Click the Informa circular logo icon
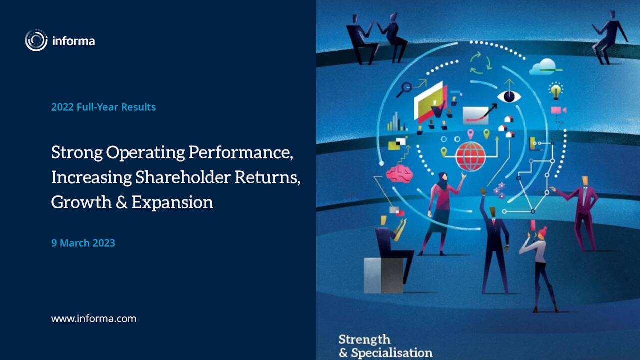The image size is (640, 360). pyautogui.click(x=36, y=40)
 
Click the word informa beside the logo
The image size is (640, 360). pyautogui.click(x=73, y=41)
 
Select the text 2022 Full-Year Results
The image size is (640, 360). pyautogui.click(x=103, y=107)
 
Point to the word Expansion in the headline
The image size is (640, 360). pyautogui.click(x=172, y=202)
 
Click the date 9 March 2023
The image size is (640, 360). pyautogui.click(x=83, y=243)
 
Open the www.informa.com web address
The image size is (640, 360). pyautogui.click(x=93, y=318)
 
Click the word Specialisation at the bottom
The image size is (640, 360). pyautogui.click(x=392, y=353)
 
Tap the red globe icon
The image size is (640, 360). pyautogui.click(x=470, y=156)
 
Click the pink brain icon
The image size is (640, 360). pyautogui.click(x=399, y=173)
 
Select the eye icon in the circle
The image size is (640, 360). pyautogui.click(x=509, y=96)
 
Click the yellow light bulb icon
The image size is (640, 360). pyautogui.click(x=555, y=91)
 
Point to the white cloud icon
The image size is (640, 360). pyautogui.click(x=544, y=66)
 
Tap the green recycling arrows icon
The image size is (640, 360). pyautogui.click(x=480, y=63)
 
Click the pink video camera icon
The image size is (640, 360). pyautogui.click(x=558, y=110)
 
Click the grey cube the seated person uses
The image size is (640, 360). pyautogui.click(x=383, y=275)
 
